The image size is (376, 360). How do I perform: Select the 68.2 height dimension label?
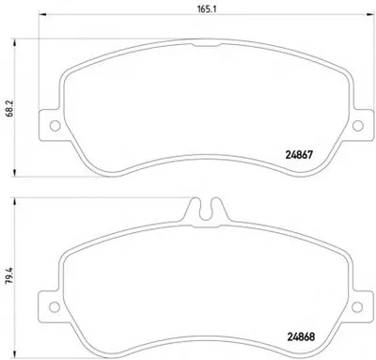9,108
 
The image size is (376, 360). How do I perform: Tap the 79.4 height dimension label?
9,275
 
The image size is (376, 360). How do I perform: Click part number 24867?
299,155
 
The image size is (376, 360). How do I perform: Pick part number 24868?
301,337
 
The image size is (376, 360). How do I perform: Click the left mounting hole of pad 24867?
55,126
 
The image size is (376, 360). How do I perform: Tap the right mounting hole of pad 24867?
358,126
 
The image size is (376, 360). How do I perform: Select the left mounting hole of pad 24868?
55,306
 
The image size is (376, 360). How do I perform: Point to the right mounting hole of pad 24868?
357,306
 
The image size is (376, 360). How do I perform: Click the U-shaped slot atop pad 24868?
206,211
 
